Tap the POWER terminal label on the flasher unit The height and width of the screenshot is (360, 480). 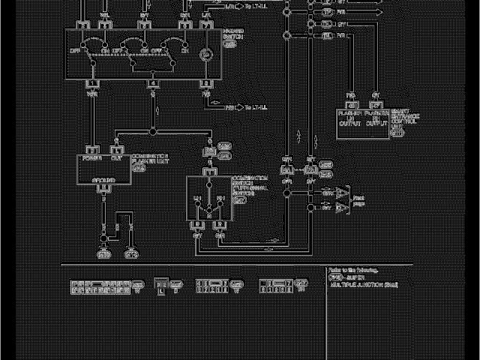click(x=92, y=158)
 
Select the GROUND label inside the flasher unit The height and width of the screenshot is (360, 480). click(x=103, y=181)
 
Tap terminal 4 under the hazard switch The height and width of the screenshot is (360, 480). click(x=153, y=83)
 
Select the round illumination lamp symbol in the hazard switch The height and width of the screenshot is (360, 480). click(x=205, y=54)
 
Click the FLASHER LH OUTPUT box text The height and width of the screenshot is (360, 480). click(x=350, y=118)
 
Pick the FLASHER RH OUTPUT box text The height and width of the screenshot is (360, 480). click(x=375, y=118)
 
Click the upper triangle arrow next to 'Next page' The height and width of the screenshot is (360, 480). click(x=341, y=193)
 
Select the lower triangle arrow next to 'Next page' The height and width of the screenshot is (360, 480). click(x=341, y=206)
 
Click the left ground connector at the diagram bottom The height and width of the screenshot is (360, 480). click(x=103, y=253)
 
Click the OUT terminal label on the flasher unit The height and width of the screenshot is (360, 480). click(x=116, y=158)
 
